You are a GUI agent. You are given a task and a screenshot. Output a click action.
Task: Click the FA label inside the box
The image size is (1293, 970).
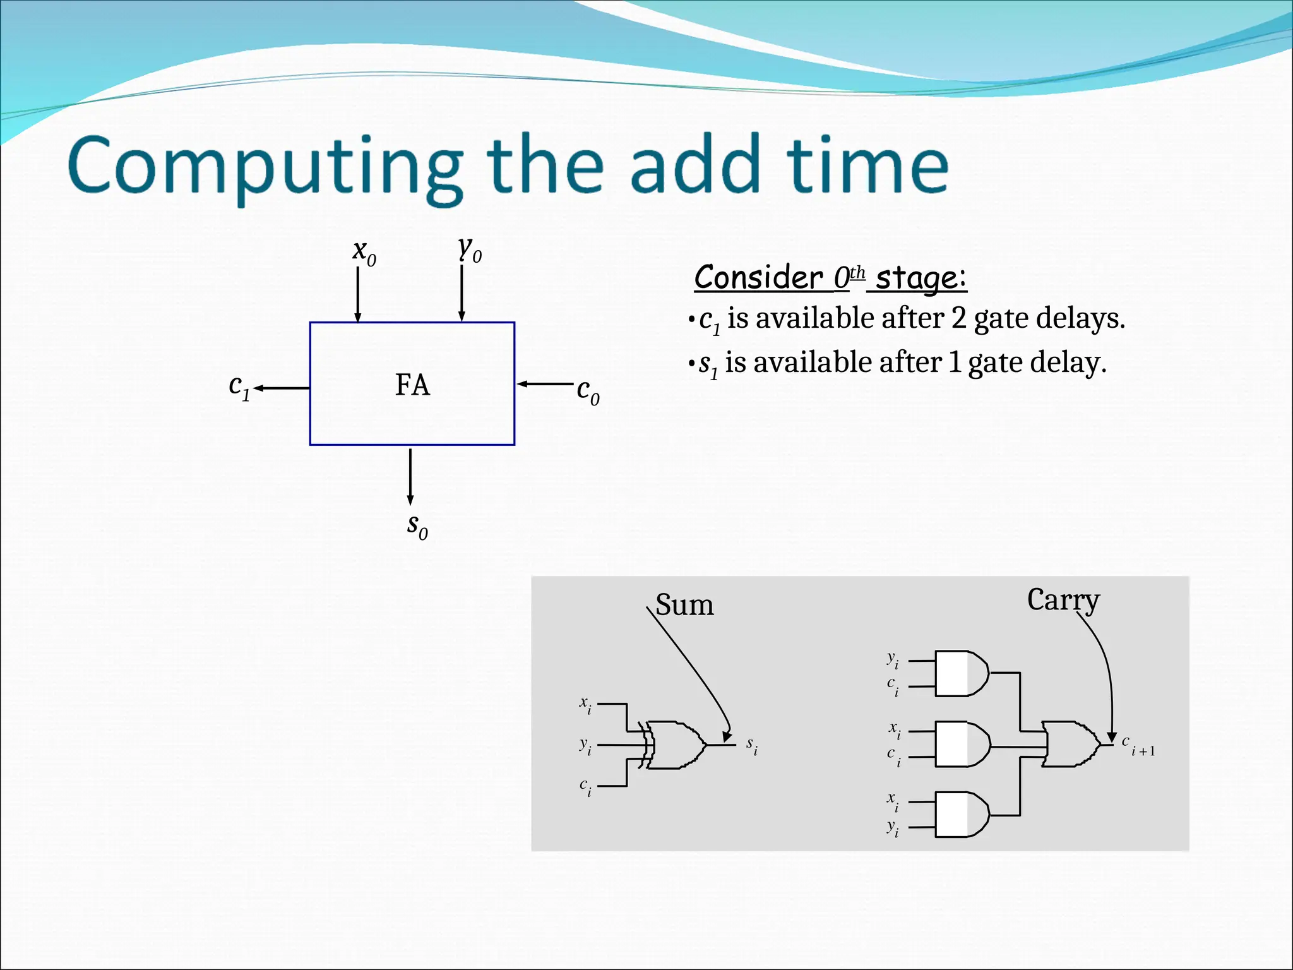pos(412,385)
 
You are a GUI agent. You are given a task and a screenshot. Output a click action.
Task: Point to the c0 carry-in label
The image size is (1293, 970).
pos(588,391)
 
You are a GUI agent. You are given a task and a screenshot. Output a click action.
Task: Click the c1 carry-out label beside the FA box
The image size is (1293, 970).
pos(239,386)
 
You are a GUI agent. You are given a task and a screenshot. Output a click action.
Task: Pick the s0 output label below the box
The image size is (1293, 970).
pos(417,526)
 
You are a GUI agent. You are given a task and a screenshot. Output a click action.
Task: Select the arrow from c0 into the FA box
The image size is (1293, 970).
pos(545,384)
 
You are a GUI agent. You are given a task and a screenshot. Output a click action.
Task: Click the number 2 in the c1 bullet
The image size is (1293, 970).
pos(958,318)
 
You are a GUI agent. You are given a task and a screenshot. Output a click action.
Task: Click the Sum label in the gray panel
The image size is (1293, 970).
pos(684,605)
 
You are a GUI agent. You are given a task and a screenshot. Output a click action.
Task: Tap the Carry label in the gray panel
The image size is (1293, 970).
pos(1063,600)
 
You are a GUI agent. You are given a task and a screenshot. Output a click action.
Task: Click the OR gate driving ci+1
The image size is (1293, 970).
pos(1070,744)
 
